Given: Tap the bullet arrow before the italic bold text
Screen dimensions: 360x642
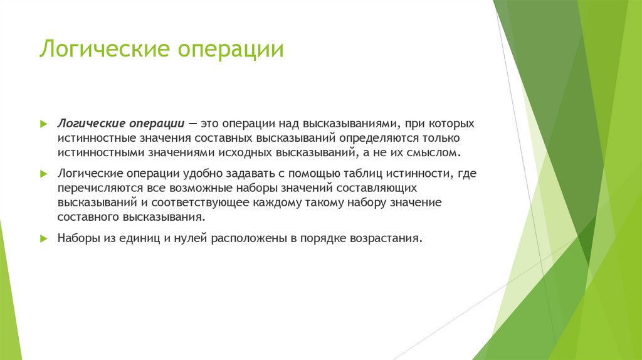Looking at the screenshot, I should point(43,124).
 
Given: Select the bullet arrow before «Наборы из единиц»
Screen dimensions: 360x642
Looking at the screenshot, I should point(43,238).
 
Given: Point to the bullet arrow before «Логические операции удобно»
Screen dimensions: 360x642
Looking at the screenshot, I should point(43,174).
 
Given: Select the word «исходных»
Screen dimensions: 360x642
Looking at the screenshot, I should point(242,152).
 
